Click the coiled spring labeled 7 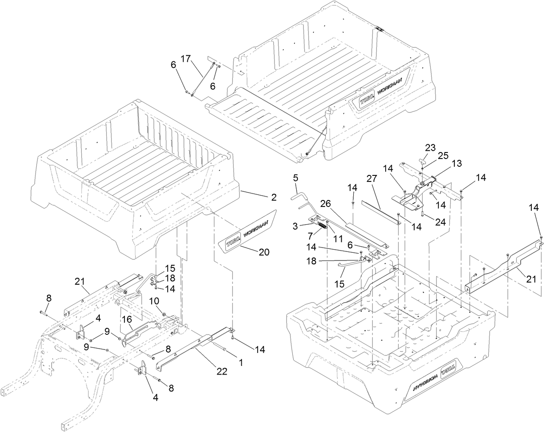[323, 225]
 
